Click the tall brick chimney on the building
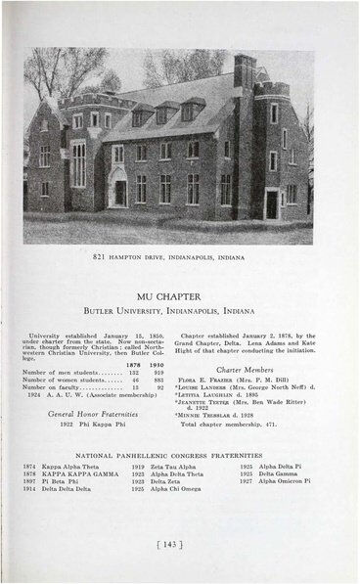pos(245,73)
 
